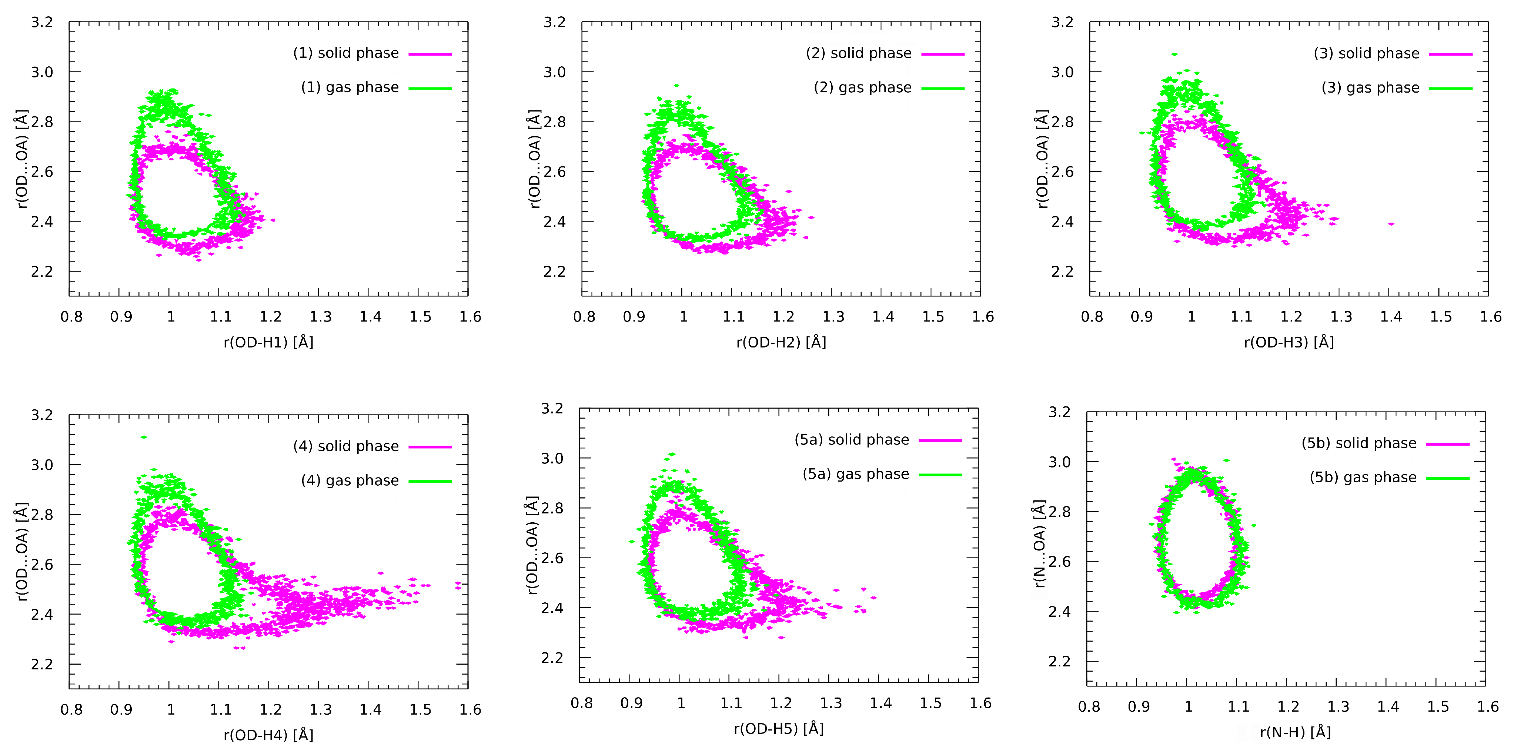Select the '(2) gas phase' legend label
[x=862, y=87]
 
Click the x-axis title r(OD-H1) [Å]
[x=268, y=342]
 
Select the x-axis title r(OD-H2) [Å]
[x=781, y=342]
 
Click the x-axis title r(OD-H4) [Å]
[x=268, y=735]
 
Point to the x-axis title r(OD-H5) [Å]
[x=778, y=729]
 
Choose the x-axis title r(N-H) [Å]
[x=1295, y=732]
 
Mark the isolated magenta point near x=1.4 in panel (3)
[x=1391, y=224]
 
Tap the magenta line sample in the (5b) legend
[x=1448, y=444]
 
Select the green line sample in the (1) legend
[x=430, y=88]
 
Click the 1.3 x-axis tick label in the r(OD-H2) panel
[x=833, y=317]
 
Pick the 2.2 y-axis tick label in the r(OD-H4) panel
[x=42, y=665]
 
